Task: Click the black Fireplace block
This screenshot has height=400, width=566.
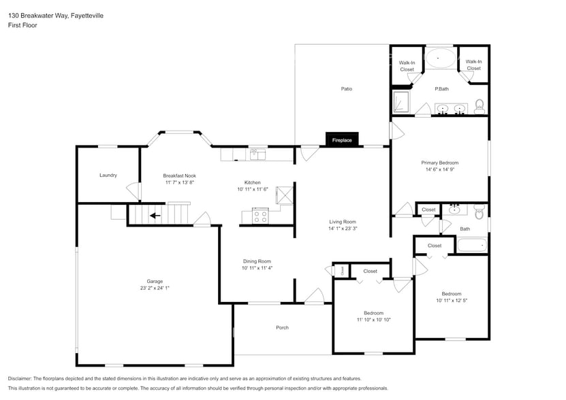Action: [x=342, y=139]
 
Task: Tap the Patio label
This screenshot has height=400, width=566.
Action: [x=346, y=88]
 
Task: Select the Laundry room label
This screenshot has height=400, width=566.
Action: [x=108, y=175]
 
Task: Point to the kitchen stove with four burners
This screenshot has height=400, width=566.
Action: [x=260, y=216]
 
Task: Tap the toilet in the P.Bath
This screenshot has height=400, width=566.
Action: [x=479, y=105]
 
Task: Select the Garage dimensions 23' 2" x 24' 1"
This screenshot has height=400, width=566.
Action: [x=155, y=288]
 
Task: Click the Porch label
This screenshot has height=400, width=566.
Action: [x=282, y=327]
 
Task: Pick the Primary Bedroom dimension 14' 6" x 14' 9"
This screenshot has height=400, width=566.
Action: [x=439, y=170]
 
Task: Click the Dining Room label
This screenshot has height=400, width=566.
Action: [x=257, y=261]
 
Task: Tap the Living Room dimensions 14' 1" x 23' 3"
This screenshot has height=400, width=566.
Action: [x=343, y=229]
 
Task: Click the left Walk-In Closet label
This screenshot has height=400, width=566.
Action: [x=407, y=65]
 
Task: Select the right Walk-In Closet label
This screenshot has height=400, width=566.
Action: [x=473, y=65]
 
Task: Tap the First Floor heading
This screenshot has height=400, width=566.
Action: [x=22, y=25]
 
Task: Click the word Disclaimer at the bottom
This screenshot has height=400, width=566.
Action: [x=21, y=378]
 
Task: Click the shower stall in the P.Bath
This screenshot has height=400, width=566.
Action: [x=401, y=103]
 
